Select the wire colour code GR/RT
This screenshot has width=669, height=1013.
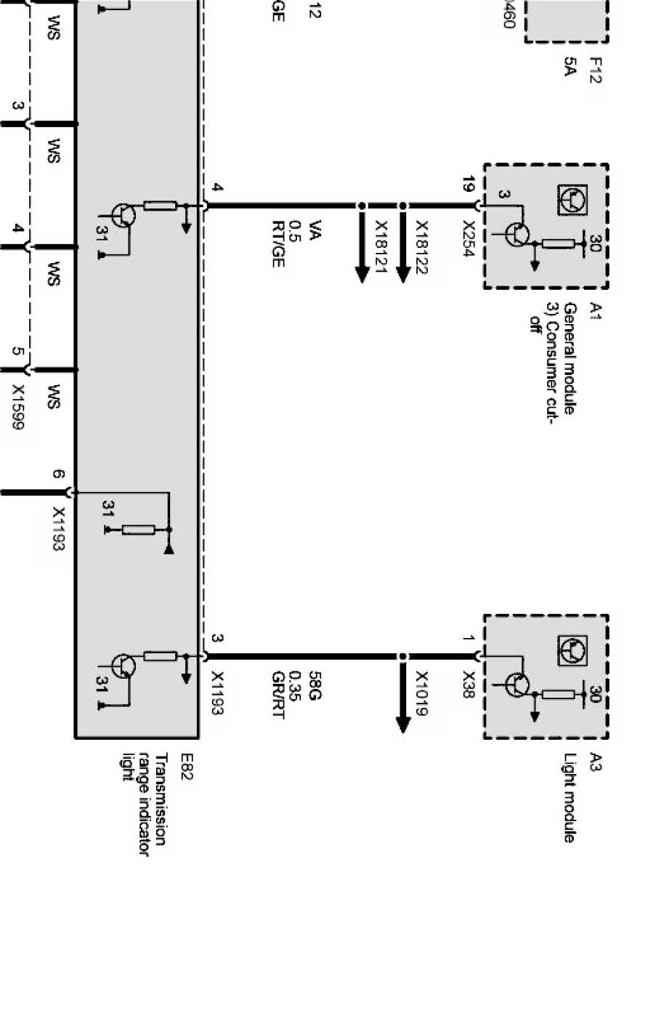pos(277,694)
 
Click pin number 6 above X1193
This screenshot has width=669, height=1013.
pos(59,475)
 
